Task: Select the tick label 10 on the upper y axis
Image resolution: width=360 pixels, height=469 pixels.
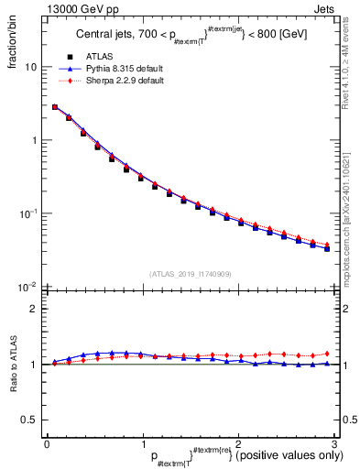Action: pos(30,68)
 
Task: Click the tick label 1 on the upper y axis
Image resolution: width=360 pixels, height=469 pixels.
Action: pos(34,140)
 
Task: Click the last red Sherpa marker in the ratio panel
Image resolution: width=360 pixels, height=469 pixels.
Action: pos(327,354)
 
